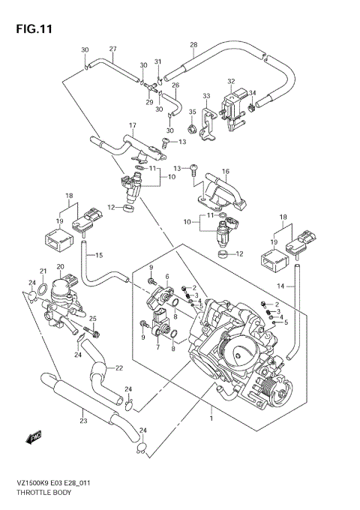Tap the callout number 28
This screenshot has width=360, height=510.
coord(193,45)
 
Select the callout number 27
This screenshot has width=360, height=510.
coord(112,49)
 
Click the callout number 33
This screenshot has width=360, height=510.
coord(206,95)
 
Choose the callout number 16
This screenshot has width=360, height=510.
coord(225,172)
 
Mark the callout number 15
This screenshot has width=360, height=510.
coord(98,256)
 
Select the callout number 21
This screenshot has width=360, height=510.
coord(43,271)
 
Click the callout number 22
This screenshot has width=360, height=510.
coord(118,367)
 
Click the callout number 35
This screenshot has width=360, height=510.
coord(192,113)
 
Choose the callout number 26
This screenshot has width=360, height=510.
coord(175,85)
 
